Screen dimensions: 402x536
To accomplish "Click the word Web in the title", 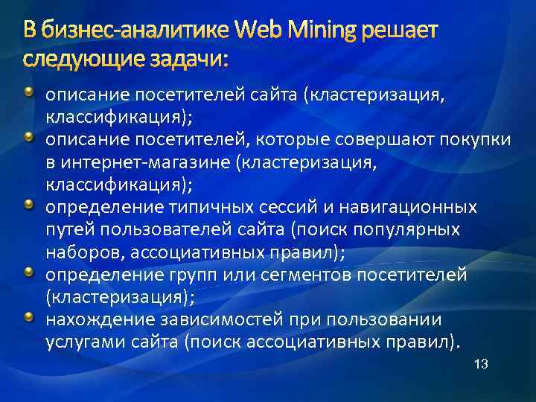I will tap(258, 31).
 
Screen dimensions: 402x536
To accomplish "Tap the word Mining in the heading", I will tap(321, 31).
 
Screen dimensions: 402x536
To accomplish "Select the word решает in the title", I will tap(401, 31).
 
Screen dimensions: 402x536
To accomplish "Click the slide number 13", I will tap(480, 365).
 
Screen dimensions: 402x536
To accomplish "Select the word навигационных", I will tap(418, 206).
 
